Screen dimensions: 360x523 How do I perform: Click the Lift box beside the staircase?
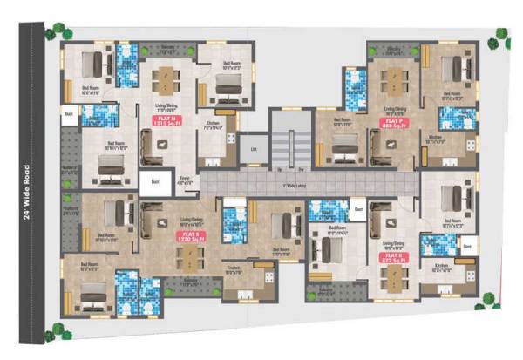tap(251, 149)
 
